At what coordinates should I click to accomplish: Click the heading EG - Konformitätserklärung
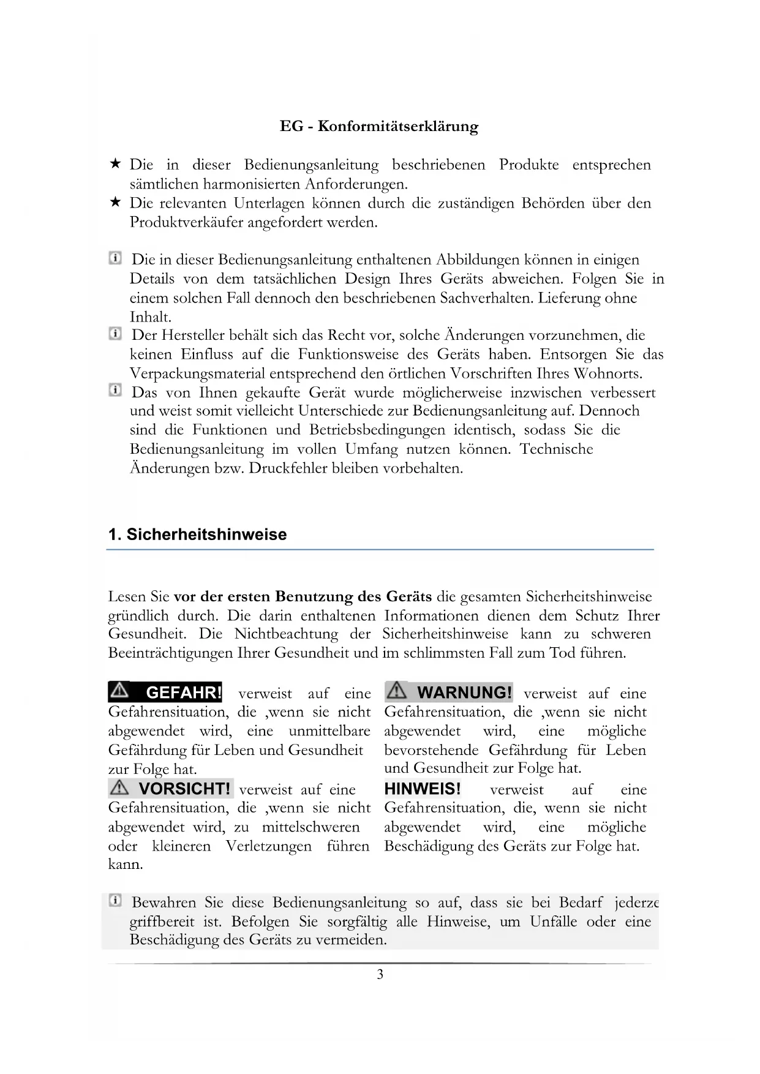tap(379, 127)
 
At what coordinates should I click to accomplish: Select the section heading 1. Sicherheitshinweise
tap(197, 535)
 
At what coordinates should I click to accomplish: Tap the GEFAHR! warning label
tap(165, 693)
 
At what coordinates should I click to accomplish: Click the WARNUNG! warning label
tap(449, 693)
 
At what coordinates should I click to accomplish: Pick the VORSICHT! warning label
tap(171, 788)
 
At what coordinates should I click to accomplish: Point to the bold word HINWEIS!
tap(422, 789)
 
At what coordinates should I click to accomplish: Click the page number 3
tap(380, 974)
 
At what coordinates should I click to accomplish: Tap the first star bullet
tap(115, 164)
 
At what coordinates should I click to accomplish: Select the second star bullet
tap(115, 202)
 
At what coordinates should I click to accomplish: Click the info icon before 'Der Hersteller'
tap(115, 334)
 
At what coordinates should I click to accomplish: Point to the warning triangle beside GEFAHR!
tap(120, 691)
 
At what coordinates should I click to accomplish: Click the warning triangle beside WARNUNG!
tap(396, 691)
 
